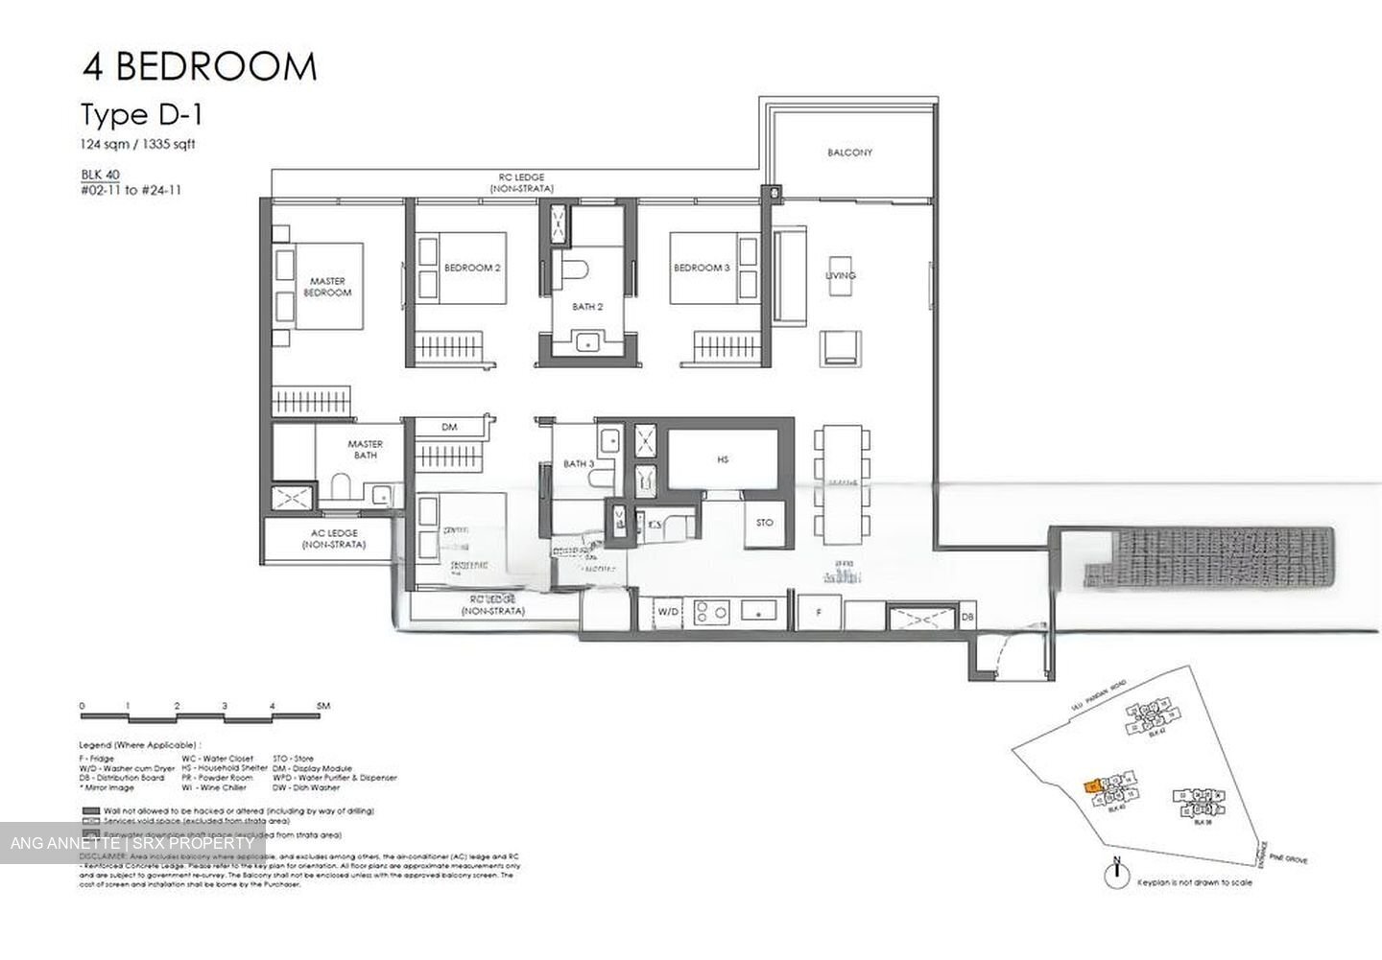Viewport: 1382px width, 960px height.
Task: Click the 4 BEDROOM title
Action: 199,67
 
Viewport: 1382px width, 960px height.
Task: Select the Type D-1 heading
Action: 141,116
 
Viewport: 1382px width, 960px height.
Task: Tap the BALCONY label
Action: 849,152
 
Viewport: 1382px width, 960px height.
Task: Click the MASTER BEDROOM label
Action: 327,287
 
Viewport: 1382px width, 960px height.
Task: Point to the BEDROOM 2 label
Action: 472,269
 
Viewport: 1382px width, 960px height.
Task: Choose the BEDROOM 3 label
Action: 701,269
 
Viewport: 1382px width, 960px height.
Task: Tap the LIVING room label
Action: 841,276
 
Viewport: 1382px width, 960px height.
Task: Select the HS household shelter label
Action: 723,460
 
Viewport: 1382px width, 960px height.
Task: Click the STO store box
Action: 764,523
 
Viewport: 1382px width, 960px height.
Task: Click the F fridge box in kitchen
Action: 819,611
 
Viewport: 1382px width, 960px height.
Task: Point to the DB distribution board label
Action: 967,619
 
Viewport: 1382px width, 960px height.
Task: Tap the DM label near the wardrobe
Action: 448,428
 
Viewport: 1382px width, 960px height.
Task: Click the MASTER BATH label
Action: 365,450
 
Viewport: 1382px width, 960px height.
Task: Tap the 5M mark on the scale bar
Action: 322,707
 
